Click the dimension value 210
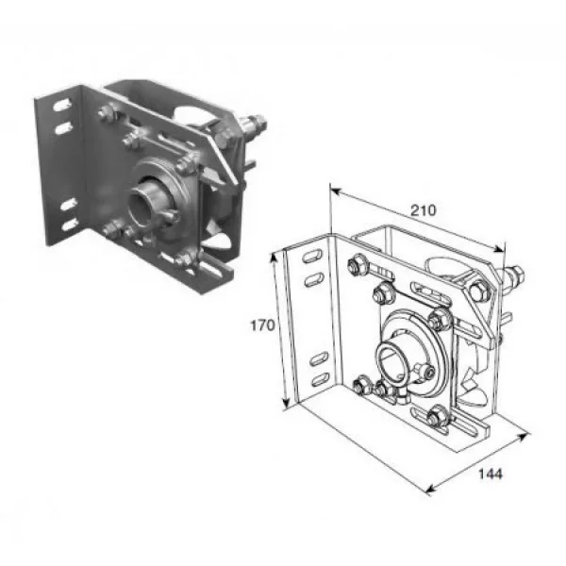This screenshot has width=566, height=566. point(424,210)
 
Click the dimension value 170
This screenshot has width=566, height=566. point(263,325)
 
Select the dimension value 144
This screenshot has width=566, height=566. point(491,474)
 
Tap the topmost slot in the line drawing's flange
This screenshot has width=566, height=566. point(313,257)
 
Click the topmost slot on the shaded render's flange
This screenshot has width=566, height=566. point(61,106)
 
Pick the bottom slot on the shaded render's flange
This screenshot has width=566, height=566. point(70,225)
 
